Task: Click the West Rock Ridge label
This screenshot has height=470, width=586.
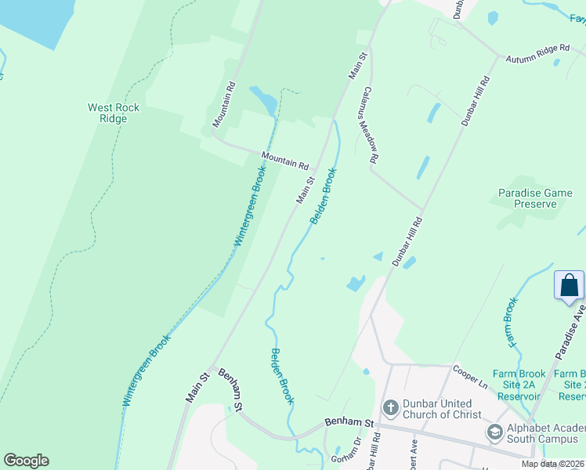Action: coord(114,113)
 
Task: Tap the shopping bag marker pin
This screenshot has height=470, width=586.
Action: coord(569,285)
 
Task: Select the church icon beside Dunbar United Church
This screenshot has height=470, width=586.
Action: coord(389,408)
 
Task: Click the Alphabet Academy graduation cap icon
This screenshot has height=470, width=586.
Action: coord(494,432)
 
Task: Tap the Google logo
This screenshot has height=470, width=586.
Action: coord(26,461)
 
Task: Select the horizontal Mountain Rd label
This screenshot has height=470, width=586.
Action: coord(284,161)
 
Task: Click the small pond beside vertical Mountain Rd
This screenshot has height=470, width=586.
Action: coord(262,99)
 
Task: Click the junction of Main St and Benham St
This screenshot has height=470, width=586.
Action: coord(211,368)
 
